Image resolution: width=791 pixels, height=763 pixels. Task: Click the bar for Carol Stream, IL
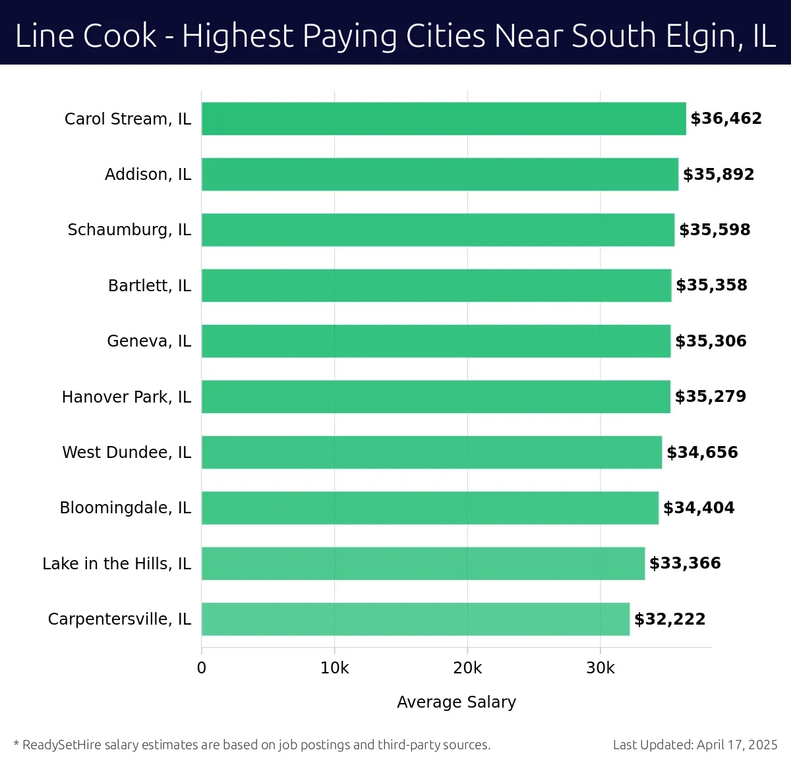[444, 119]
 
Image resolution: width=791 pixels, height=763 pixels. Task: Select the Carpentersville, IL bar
[415, 619]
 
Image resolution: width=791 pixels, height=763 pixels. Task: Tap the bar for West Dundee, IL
[432, 452]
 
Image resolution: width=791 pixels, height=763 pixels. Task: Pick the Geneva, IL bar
[436, 341]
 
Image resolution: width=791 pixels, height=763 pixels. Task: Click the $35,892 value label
[718, 175]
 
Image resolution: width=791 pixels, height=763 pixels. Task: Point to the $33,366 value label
[685, 563]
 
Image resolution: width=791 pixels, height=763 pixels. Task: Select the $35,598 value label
[715, 230]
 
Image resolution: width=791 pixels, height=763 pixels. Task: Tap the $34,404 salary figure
[699, 508]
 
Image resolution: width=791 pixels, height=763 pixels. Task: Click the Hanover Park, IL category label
[127, 397]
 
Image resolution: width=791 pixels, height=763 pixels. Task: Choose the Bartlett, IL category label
[150, 285]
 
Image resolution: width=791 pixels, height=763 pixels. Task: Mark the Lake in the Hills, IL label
[117, 563]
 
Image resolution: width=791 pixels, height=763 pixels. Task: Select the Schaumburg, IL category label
[129, 230]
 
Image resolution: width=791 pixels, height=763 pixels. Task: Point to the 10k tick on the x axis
[334, 668]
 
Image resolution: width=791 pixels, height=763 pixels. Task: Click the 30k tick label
[600, 668]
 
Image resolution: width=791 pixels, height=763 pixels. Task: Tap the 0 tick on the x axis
[202, 668]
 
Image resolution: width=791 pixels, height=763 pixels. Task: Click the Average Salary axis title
[456, 702]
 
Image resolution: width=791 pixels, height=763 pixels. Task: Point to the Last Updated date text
[695, 745]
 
